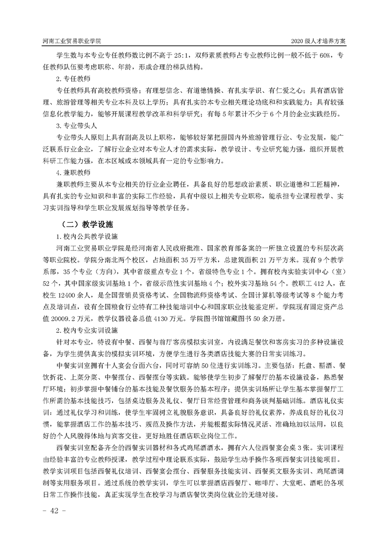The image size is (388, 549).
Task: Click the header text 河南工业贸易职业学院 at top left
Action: tap(73, 41)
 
